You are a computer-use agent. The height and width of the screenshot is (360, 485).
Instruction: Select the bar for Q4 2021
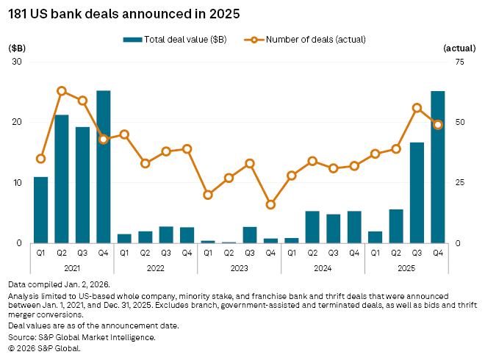104,167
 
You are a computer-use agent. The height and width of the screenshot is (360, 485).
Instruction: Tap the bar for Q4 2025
438,167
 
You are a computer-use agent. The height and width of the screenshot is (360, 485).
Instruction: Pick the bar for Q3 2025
417,192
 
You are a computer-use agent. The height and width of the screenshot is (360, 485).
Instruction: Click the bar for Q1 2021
41,210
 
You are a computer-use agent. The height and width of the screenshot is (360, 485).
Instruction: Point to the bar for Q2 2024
312,227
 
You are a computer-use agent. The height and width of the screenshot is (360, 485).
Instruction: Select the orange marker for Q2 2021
62,91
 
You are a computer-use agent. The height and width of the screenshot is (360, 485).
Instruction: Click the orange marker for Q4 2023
270,204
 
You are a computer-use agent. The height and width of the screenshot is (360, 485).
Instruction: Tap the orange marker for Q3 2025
417,108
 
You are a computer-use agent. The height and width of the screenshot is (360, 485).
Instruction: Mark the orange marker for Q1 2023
208,195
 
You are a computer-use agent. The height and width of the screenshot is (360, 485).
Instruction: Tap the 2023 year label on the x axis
240,269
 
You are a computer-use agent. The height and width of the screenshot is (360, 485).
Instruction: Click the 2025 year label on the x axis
406,269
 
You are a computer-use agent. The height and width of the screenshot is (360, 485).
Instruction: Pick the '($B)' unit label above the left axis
17,47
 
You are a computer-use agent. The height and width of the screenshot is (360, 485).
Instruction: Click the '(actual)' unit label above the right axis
460,47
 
